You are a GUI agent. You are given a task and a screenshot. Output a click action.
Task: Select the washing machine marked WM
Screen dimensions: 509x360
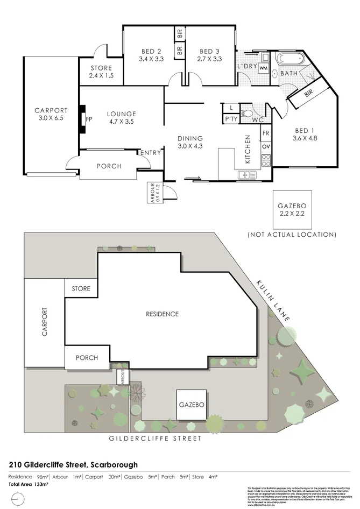[264, 68]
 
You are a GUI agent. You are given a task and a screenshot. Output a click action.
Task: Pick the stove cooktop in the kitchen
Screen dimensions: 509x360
[266, 159]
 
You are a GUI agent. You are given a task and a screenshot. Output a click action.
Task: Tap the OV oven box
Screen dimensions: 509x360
[266, 146]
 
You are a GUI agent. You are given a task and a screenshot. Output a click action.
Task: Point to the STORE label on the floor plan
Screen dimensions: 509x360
[101, 68]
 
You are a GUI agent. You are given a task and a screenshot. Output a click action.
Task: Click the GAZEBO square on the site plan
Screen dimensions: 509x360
[191, 405]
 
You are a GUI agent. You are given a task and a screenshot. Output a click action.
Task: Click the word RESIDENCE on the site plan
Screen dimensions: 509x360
[162, 314]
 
